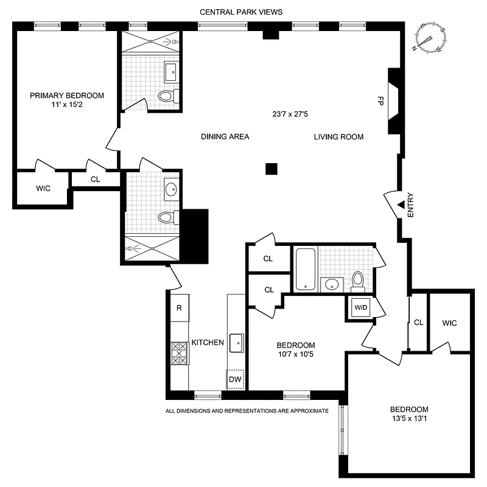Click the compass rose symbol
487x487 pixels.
430,38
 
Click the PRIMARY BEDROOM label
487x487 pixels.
67,96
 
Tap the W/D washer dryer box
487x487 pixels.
362,307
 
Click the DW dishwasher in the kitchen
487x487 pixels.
235,379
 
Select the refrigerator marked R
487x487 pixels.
180,307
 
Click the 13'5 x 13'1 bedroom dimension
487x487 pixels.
409,419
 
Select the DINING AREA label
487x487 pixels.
225,137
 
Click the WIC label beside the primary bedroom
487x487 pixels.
43,189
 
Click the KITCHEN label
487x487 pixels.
208,343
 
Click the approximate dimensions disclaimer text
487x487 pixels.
247,411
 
